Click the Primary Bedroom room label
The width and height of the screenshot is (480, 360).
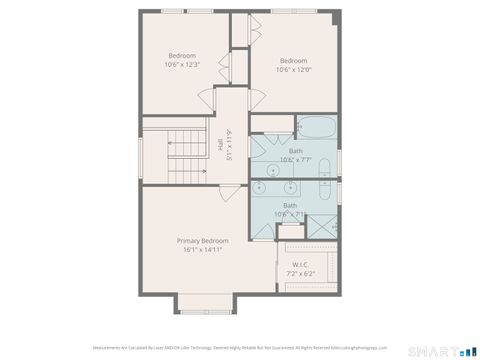pyautogui.click(x=203, y=241)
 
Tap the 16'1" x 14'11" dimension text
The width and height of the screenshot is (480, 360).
pyautogui.click(x=203, y=250)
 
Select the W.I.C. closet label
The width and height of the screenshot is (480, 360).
pyautogui.click(x=300, y=264)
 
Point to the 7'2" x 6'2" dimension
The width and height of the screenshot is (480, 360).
pyautogui.click(x=300, y=273)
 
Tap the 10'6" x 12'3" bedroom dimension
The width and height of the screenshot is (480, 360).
pyautogui.click(x=182, y=65)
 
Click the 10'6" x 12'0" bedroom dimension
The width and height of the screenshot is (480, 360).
pyautogui.click(x=294, y=70)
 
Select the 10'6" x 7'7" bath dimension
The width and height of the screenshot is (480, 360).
pyautogui.click(x=295, y=160)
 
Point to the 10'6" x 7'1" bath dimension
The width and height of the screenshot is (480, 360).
pyautogui.click(x=290, y=214)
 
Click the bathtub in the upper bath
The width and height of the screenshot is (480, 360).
pyautogui.click(x=316, y=128)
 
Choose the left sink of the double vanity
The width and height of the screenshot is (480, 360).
pyautogui.click(x=265, y=187)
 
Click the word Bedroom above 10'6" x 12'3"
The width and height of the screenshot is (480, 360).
pyautogui.click(x=182, y=55)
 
